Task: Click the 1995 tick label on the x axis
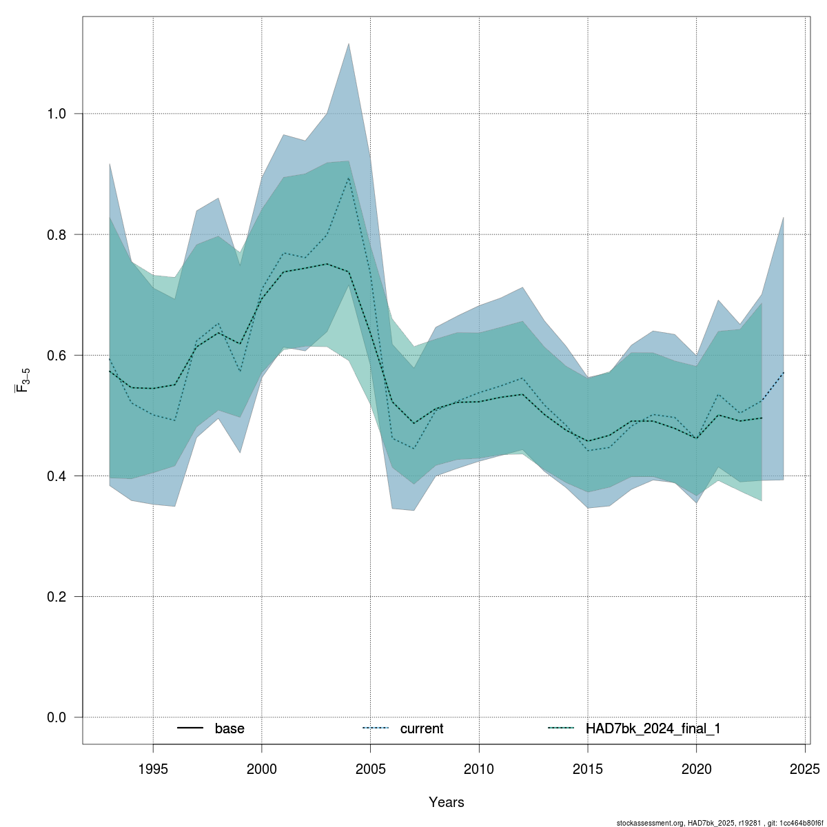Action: pos(153,768)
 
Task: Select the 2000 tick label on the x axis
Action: pos(262,768)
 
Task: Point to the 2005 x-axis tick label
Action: pos(371,768)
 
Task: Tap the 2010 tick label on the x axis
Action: pos(479,768)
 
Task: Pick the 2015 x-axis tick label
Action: pos(588,768)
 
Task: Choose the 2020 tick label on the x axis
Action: pos(697,768)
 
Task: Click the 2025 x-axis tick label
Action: pos(805,768)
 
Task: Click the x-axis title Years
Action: pos(447,802)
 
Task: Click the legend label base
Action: pos(229,728)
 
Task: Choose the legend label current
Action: pos(422,728)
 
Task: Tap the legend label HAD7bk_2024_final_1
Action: pos(653,728)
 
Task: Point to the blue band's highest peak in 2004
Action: pos(349,43)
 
